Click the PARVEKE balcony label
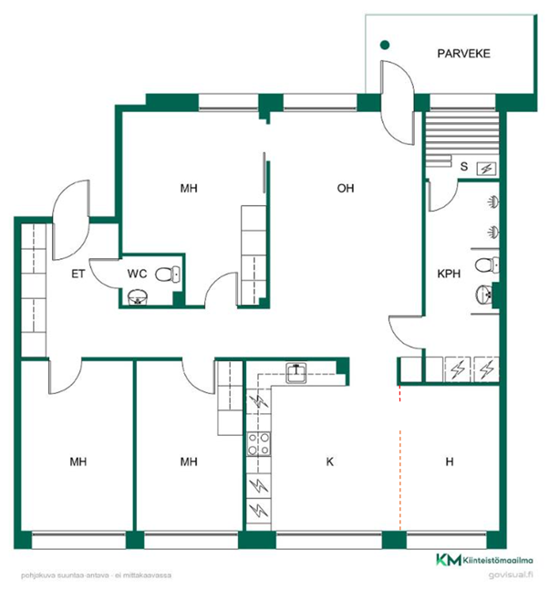[463, 54]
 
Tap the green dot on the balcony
[384, 45]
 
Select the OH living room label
[346, 188]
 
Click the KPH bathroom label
[449, 274]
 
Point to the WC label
[137, 274]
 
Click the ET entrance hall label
[78, 274]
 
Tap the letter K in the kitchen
[330, 461]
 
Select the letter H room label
[450, 461]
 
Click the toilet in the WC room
[168, 274]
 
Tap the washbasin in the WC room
[137, 297]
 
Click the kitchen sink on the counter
[295, 372]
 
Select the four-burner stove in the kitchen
[258, 444]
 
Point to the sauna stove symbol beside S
[486, 169]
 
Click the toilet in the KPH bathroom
[487, 265]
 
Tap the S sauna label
[464, 166]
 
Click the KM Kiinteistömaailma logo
[484, 560]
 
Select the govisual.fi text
[511, 575]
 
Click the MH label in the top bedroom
[189, 188]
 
